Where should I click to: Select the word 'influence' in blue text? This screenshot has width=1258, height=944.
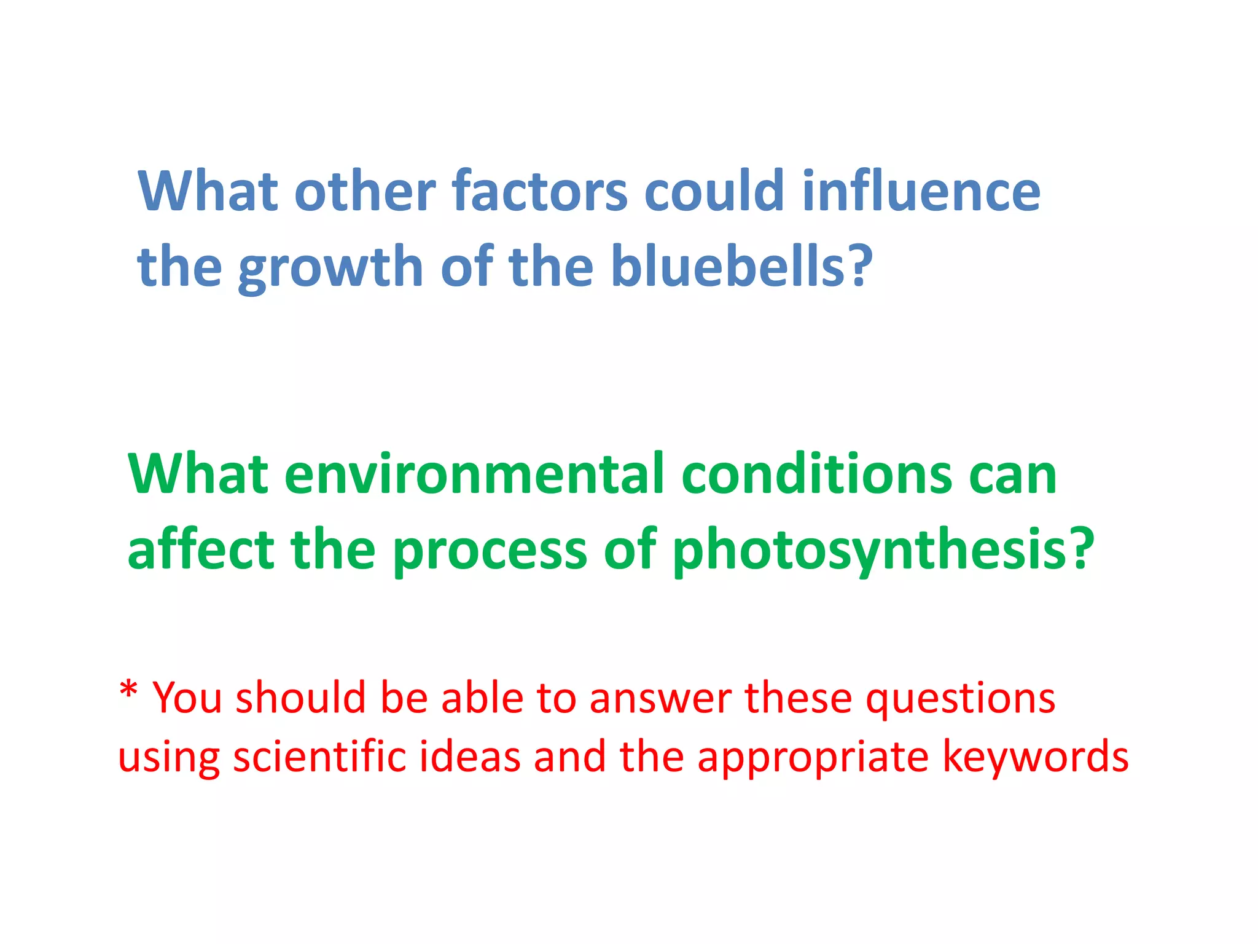click(921, 191)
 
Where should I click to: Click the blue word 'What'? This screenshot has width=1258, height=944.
click(208, 191)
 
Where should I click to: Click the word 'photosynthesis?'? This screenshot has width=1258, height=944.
click(884, 550)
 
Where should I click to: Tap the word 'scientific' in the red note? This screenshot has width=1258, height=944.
click(319, 757)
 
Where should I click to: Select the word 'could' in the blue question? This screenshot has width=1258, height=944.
click(714, 191)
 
